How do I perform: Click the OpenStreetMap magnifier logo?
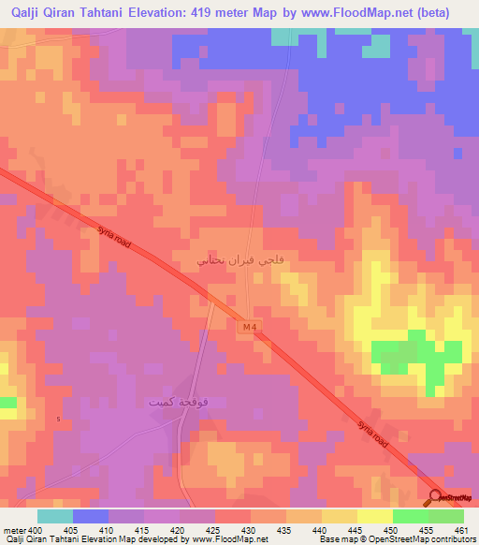tap(435, 498)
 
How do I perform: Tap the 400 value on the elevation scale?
tap(35, 529)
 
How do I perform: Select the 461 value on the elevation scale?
tap(461, 529)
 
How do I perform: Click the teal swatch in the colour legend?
tap(54, 516)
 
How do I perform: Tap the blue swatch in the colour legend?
tap(90, 516)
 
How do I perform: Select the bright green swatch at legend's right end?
tap(446, 516)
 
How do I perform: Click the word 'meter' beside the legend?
tap(14, 529)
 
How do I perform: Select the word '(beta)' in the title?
tap(431, 12)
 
